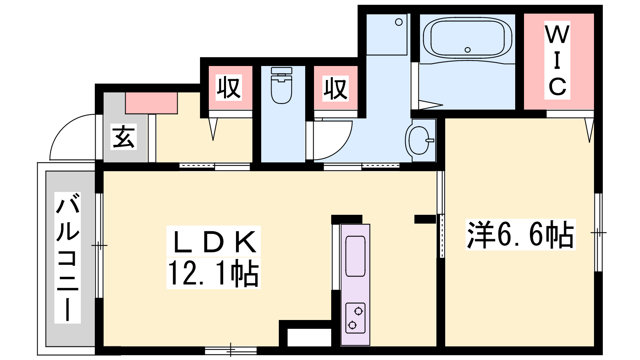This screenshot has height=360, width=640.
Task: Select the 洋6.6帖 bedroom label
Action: point(520,234)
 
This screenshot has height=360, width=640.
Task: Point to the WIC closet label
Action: point(557,60)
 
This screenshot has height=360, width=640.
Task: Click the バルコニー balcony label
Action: point(68,257)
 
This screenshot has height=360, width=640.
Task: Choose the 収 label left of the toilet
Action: point(228,88)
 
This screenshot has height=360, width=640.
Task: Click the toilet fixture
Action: point(282,85)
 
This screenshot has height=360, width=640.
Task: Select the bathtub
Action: point(468,38)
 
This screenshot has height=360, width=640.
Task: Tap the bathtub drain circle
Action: point(468,50)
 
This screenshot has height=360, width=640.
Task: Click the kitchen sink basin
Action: point(356,256)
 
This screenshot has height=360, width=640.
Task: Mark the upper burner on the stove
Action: point(358,311)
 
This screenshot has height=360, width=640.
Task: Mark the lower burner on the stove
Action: point(352,325)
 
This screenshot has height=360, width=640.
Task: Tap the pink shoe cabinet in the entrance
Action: point(152,103)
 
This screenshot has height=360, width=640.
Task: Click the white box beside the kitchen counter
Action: point(309,338)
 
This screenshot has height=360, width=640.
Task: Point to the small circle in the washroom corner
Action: point(399,22)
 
